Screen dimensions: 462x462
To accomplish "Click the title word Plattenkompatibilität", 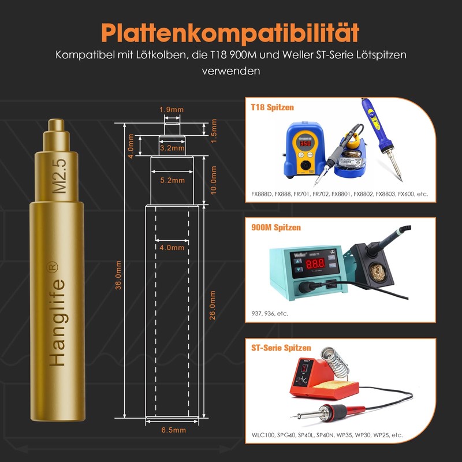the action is tap(230, 33).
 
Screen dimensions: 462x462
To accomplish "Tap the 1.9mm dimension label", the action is tap(172, 110).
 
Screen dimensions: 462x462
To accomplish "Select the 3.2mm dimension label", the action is tap(172, 148).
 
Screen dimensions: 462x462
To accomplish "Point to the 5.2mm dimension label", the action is tap(172, 180).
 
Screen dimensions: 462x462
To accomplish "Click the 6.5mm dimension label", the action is tap(174, 430).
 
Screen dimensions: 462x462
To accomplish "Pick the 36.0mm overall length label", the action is tap(118, 275).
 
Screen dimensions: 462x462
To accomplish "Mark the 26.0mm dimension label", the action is tap(212, 305).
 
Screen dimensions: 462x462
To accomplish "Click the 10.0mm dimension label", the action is tap(213, 180).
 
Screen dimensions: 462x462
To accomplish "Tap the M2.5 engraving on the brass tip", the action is tap(59, 176).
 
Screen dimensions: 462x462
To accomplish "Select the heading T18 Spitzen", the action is tap(272, 107).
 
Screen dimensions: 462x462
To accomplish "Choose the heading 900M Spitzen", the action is tap(276, 228).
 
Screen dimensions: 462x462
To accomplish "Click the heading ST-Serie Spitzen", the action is tap(281, 348).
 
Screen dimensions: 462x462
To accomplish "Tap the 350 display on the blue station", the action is tap(305, 143).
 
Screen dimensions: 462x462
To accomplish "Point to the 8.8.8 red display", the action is tap(315, 263).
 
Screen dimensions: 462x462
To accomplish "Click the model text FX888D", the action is tap(262, 194).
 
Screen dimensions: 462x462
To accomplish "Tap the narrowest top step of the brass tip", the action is tap(56, 125).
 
